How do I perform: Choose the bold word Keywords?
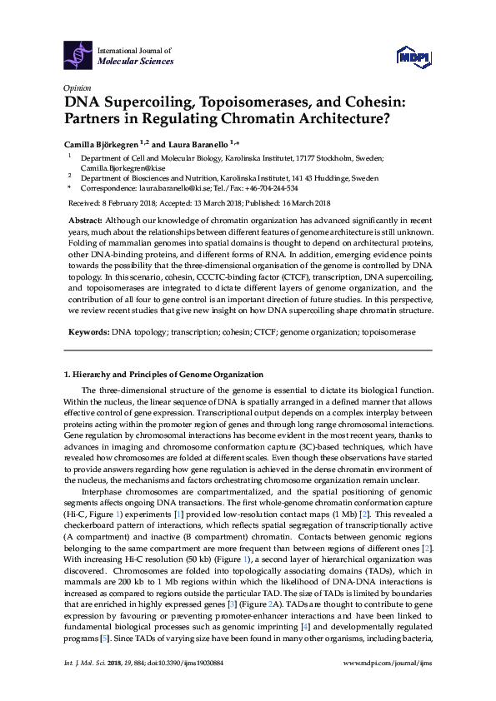tap(88, 331)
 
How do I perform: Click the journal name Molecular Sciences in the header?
tap(135, 61)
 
